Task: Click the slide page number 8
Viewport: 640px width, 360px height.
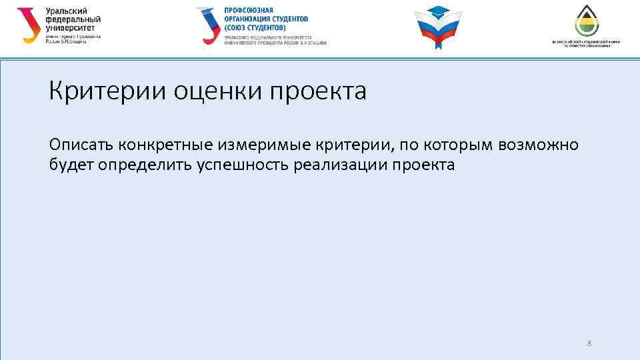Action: (589, 343)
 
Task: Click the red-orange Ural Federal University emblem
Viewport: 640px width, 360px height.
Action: (28, 25)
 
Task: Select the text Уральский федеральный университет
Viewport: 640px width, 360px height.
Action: (74, 20)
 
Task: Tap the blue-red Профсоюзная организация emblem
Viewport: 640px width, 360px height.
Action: (208, 25)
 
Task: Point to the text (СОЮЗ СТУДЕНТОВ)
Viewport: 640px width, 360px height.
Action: (255, 28)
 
